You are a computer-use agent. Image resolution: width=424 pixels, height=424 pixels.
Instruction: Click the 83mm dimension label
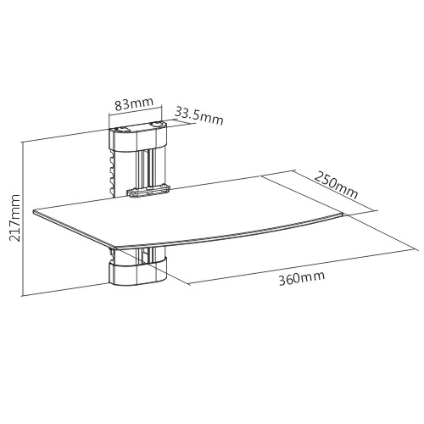(134, 103)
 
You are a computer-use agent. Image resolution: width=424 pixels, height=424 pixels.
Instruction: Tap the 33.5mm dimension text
(199, 115)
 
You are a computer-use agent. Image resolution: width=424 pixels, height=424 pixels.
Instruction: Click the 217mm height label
(14, 218)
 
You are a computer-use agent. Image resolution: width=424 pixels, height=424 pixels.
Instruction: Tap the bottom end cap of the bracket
(138, 272)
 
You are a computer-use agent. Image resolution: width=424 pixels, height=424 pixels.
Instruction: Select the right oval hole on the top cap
(156, 124)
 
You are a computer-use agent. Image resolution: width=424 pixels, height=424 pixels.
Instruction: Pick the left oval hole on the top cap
(122, 130)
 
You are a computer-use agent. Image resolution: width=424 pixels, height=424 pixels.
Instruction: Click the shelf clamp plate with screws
(148, 191)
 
